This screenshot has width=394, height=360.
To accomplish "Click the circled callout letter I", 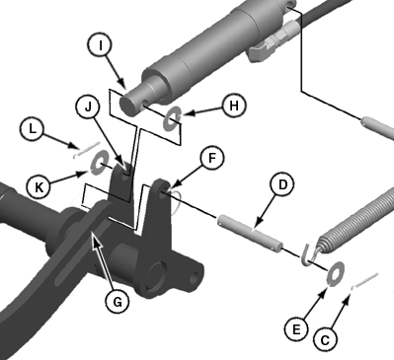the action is (x=101, y=45).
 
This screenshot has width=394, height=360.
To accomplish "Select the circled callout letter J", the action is (x=88, y=107).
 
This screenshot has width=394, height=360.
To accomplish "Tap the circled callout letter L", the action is (x=32, y=129).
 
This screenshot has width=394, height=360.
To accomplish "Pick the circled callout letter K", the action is (x=39, y=187).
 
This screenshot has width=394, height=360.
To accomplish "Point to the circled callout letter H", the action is (x=234, y=106).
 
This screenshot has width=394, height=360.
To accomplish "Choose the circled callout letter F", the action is (x=212, y=158).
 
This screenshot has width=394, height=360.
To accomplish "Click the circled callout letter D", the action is (x=282, y=185).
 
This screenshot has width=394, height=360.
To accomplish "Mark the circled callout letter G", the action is (x=118, y=301).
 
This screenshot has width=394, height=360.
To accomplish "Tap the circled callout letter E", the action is (x=296, y=329).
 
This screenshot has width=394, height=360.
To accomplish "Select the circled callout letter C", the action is (x=325, y=340).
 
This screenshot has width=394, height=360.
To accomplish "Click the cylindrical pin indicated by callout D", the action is (x=250, y=233).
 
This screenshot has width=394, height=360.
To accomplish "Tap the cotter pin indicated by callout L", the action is (x=87, y=150).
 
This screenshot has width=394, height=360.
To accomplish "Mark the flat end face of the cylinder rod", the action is (x=128, y=105).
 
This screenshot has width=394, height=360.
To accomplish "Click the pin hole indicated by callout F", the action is (x=163, y=192).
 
